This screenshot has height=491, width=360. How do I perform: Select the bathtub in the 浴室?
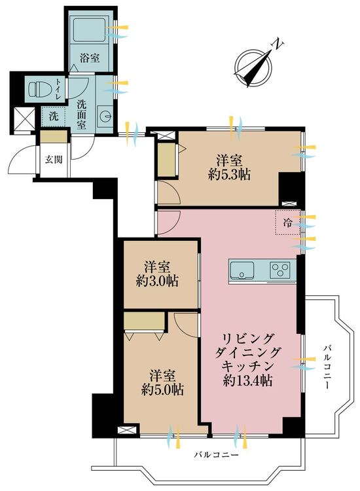click(x=90, y=29)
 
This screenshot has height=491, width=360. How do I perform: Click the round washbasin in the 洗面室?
click(x=105, y=117)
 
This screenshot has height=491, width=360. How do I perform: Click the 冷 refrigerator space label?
click(x=287, y=222)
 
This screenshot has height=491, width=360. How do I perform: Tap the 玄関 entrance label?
click(x=54, y=158)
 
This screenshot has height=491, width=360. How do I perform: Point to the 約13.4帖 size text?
click(x=247, y=381)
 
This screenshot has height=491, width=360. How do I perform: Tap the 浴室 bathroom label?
click(x=90, y=58)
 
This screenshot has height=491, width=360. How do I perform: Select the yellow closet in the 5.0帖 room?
click(x=145, y=321)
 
